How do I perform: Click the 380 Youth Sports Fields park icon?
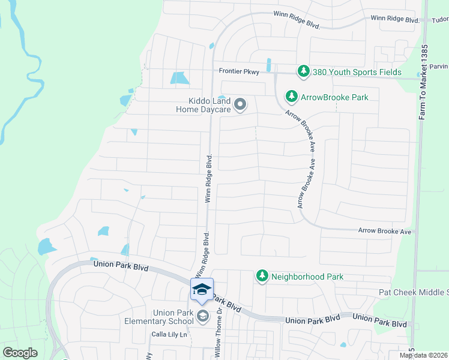point(304,72)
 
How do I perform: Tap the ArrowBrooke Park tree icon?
point(292,96)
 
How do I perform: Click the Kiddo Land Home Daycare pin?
point(240,105)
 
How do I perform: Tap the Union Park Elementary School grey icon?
point(203,317)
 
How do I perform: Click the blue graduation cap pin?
point(202,289)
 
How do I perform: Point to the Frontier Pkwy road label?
point(238,71)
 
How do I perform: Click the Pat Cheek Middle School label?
point(414,292)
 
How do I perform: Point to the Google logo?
point(20,352)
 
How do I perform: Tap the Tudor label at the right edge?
point(439,20)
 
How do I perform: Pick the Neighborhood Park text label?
point(307,277)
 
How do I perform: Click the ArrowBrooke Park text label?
point(334,97)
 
